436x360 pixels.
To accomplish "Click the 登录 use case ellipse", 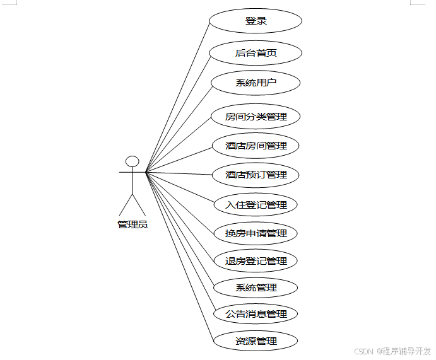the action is pos(256,21).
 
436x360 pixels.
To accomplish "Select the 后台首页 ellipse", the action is pos(256,53).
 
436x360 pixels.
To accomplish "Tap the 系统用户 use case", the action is pos(256,83).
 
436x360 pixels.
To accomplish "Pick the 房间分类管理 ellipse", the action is pos(256,117).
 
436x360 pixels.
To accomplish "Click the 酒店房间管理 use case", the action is pos(256,146).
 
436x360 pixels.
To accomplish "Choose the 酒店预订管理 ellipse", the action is pos(256,175).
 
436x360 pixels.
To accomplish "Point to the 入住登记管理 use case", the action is pos(256,204).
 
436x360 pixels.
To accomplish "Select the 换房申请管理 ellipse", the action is pos(256,233).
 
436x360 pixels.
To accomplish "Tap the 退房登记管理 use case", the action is pos(256,261).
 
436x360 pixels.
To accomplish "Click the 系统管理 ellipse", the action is pos(256,288).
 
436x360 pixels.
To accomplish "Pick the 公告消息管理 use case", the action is pos(256,314).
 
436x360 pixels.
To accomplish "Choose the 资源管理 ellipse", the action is pos(256,342).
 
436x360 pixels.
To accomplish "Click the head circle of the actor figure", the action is pos(132,161).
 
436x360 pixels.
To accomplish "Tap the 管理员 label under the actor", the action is pos(133,224).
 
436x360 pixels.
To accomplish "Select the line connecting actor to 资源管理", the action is pos(179,257).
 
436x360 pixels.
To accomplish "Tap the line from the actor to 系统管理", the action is pos(180,229).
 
